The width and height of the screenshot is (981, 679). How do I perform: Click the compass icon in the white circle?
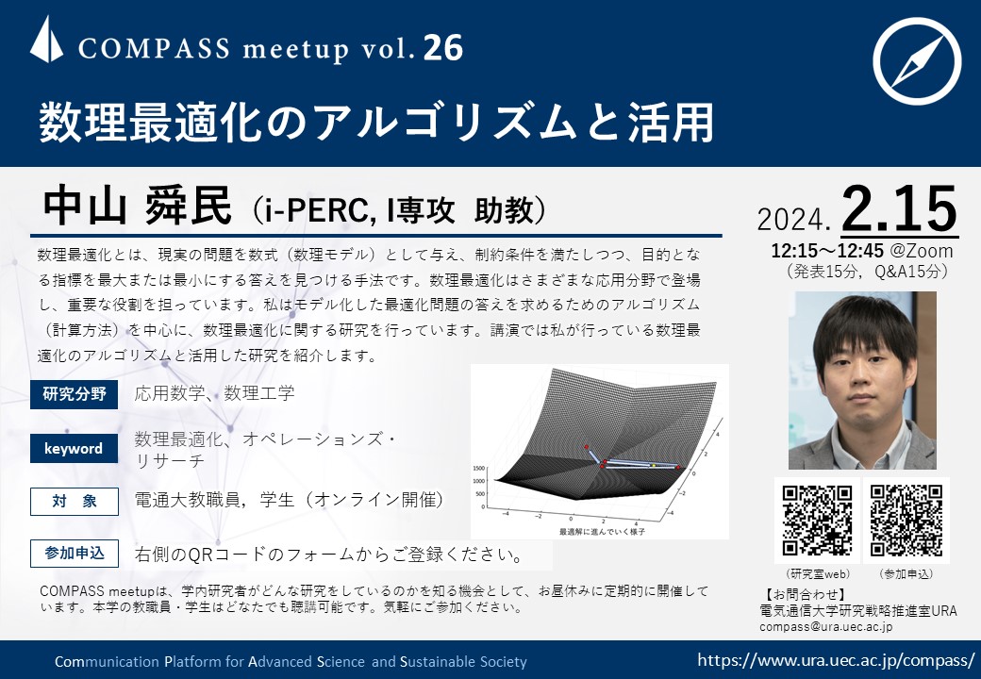tap(917, 60)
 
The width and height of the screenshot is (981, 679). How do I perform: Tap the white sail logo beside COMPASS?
tap(46, 40)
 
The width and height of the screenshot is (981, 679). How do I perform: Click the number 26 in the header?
tap(443, 47)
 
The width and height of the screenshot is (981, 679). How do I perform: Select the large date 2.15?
tap(900, 208)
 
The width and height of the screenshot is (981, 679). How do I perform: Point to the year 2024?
tap(792, 220)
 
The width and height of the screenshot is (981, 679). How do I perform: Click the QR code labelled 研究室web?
tap(817, 521)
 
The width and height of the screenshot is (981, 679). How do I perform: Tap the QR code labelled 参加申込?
tap(906, 521)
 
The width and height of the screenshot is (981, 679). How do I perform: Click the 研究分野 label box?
tap(74, 394)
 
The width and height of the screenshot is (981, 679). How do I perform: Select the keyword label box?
tap(74, 448)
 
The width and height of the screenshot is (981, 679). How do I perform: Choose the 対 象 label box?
tap(74, 501)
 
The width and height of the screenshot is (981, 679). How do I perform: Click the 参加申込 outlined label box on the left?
tap(74, 553)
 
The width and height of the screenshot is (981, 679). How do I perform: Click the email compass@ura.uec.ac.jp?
tap(826, 626)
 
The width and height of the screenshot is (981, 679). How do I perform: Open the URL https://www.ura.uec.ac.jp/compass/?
tap(836, 659)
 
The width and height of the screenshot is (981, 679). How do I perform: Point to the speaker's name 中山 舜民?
tap(137, 207)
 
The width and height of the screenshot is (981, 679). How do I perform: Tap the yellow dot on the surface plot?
tap(654, 465)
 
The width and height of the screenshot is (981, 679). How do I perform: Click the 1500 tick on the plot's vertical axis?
tap(479, 468)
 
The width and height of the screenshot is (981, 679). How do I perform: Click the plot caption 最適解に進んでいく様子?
tap(601, 532)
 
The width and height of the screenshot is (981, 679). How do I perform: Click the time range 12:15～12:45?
tap(827, 252)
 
